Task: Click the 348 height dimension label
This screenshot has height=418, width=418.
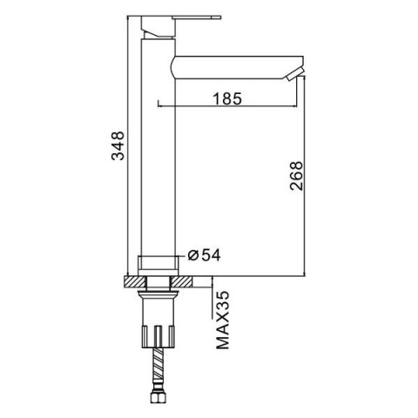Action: (x=118, y=145)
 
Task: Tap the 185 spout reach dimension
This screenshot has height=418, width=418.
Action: (x=227, y=98)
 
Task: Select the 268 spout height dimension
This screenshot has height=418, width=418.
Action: (x=296, y=176)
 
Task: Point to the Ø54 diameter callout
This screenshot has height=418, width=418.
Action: (x=204, y=255)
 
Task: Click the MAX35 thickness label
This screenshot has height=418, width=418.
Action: (x=223, y=320)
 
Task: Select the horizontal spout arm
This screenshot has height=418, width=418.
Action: (x=237, y=68)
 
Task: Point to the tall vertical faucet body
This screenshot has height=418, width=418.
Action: (x=158, y=147)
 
